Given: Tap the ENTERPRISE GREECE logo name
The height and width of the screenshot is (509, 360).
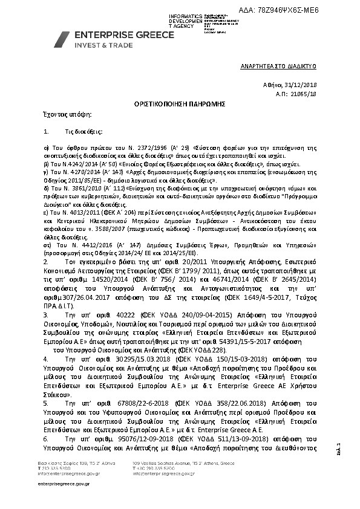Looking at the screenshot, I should pyautogui.click(x=124, y=35).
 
